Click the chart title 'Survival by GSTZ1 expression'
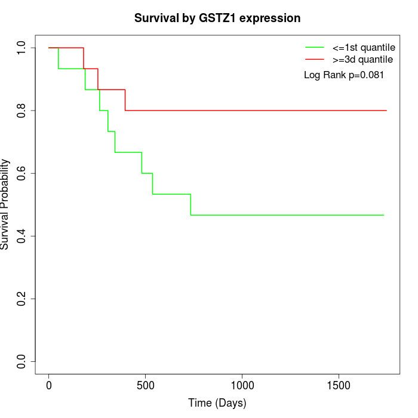tap(217, 19)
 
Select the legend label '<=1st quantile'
tap(363, 47)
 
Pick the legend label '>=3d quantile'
tap(363, 60)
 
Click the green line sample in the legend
tap(315, 47)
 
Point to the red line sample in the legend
tap(315, 60)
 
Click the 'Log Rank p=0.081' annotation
tap(343, 75)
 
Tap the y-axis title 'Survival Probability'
tap(5, 204)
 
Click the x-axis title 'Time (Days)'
tap(217, 404)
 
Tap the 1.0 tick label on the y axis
tap(22, 48)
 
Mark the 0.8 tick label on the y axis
tap(22, 110)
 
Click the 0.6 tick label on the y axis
tap(22, 173)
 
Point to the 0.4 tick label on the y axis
tap(22, 236)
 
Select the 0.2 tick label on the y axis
tap(22, 299)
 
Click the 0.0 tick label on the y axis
tap(22, 361)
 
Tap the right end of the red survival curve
tap(386, 110)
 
